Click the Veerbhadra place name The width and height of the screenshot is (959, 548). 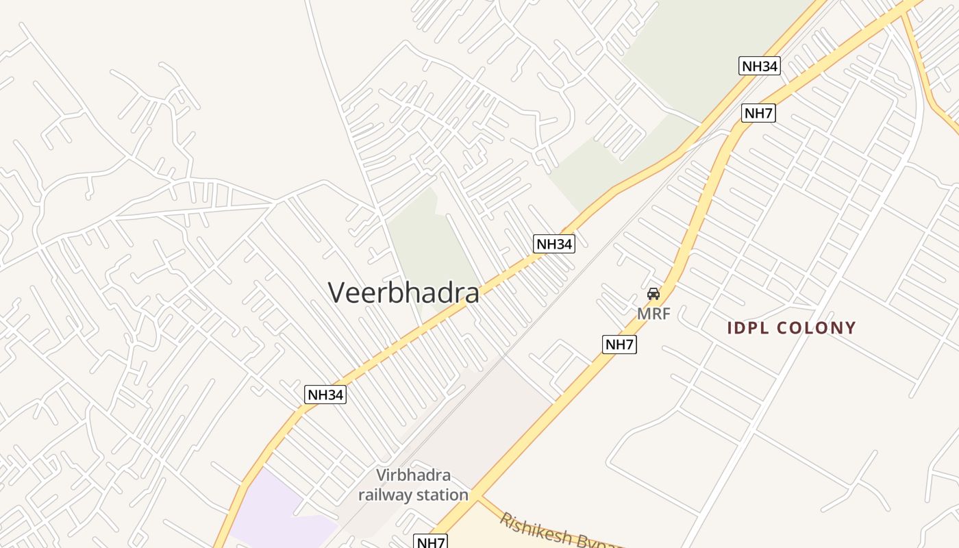(x=403, y=292)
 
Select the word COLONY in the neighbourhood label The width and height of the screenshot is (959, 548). (x=817, y=328)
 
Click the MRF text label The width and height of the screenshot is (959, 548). (x=653, y=314)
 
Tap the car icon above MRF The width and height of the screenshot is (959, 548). (x=653, y=294)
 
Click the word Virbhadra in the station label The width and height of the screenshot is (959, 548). (x=414, y=475)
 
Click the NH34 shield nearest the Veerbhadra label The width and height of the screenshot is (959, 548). (x=553, y=244)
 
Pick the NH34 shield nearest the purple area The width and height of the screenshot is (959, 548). (x=325, y=395)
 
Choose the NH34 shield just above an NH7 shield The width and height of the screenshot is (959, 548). (x=760, y=66)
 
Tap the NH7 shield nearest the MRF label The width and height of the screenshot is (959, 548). (x=619, y=345)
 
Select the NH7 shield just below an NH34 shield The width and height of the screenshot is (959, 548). (x=758, y=113)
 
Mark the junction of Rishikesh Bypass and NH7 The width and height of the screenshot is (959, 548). (x=480, y=497)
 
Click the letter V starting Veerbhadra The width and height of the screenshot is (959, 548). (x=336, y=292)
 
